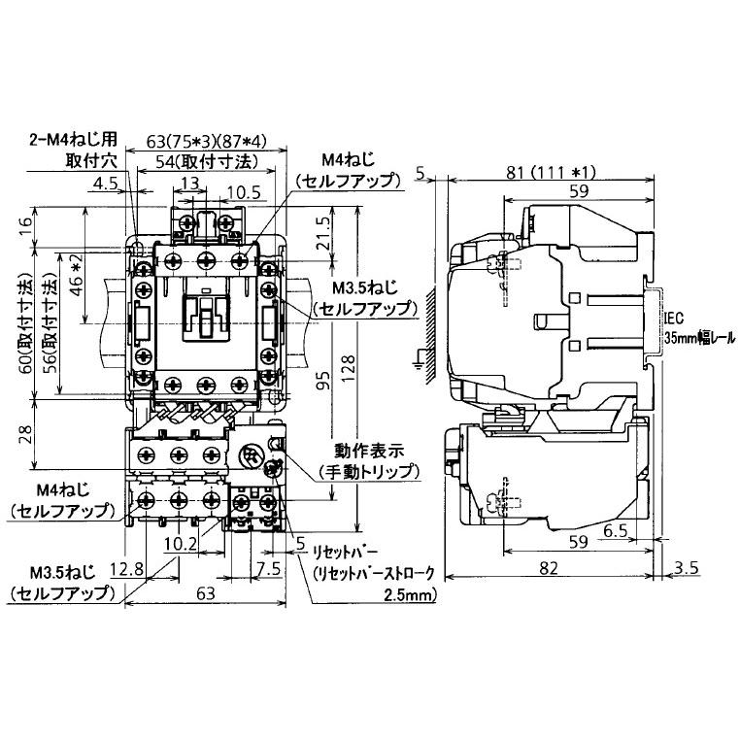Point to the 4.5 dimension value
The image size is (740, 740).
108,182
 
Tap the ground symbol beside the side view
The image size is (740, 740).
419,364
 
